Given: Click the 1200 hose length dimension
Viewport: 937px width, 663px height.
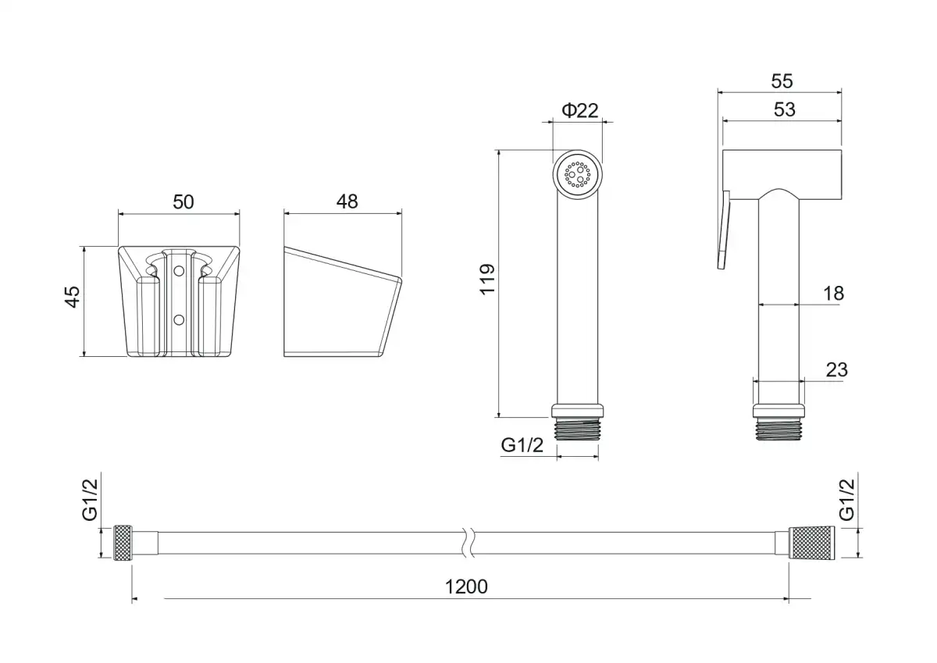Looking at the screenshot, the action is point(466,586).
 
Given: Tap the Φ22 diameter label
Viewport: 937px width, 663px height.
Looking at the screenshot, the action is point(579,110).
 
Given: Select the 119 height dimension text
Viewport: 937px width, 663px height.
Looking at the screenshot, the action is point(487,280).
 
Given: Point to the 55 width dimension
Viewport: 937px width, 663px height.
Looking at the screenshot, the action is point(782,81).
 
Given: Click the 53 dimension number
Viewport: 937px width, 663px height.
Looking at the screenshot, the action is point(784,109).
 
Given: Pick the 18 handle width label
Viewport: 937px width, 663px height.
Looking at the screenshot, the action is point(834,294).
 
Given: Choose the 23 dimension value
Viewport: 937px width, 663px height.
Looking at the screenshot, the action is point(836,370).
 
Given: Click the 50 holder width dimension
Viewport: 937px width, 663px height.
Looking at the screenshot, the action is point(183,202).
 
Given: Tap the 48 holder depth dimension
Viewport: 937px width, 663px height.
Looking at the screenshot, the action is point(347,201).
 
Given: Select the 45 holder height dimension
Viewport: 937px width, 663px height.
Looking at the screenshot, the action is point(73,297).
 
